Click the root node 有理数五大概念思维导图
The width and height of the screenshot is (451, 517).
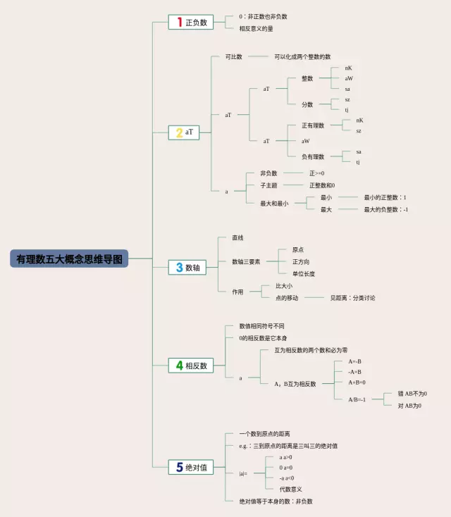(69, 259)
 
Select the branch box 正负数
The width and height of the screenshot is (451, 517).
(190, 22)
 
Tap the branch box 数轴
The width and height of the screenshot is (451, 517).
(190, 267)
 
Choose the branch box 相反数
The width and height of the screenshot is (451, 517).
(190, 366)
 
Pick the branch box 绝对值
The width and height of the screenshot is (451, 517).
(190, 466)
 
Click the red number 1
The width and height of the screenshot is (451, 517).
(180, 22)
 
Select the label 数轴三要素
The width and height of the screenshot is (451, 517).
(246, 261)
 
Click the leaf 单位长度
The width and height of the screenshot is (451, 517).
(304, 273)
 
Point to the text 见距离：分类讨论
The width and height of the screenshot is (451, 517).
(352, 298)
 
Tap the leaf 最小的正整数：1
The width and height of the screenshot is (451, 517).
(385, 198)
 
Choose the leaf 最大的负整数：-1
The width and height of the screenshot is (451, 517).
(386, 209)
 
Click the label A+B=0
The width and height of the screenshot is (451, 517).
(357, 382)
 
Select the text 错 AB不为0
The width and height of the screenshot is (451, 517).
(412, 394)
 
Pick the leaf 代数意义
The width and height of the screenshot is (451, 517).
(291, 489)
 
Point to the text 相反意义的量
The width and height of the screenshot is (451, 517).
(257, 28)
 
